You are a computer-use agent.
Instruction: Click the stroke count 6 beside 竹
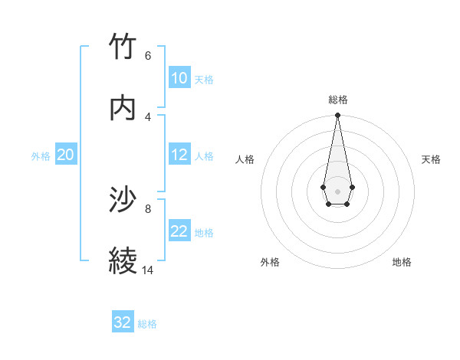(148, 55)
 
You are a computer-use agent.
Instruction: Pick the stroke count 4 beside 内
(148, 116)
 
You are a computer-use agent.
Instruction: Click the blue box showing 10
(179, 78)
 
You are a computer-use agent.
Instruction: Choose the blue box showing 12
(179, 155)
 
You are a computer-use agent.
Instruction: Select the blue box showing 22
(179, 231)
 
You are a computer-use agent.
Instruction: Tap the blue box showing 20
(66, 155)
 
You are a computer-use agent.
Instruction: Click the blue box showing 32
(123, 322)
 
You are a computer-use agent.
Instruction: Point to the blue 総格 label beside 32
(147, 324)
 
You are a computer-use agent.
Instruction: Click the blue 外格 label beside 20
(41, 156)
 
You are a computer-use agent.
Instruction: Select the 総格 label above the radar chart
(338, 100)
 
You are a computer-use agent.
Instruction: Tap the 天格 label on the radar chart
(431, 159)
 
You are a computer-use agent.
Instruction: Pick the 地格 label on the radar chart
(402, 262)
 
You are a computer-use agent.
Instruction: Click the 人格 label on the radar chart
(245, 159)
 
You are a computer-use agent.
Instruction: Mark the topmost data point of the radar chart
(337, 116)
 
